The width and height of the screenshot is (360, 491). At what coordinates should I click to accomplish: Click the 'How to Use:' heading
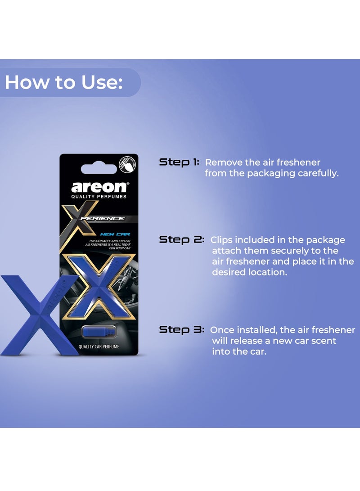click(x=63, y=83)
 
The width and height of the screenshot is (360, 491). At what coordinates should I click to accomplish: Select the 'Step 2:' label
click(x=182, y=240)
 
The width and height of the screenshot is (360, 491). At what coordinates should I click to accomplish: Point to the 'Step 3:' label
click(x=182, y=330)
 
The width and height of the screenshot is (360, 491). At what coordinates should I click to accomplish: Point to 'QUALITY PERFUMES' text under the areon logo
click(x=99, y=197)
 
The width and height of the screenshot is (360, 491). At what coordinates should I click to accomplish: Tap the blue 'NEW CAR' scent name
click(x=115, y=234)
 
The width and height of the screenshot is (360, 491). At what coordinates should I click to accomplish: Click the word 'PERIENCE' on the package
click(x=108, y=219)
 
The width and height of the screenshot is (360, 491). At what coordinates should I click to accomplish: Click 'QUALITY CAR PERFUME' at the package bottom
click(x=98, y=346)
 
